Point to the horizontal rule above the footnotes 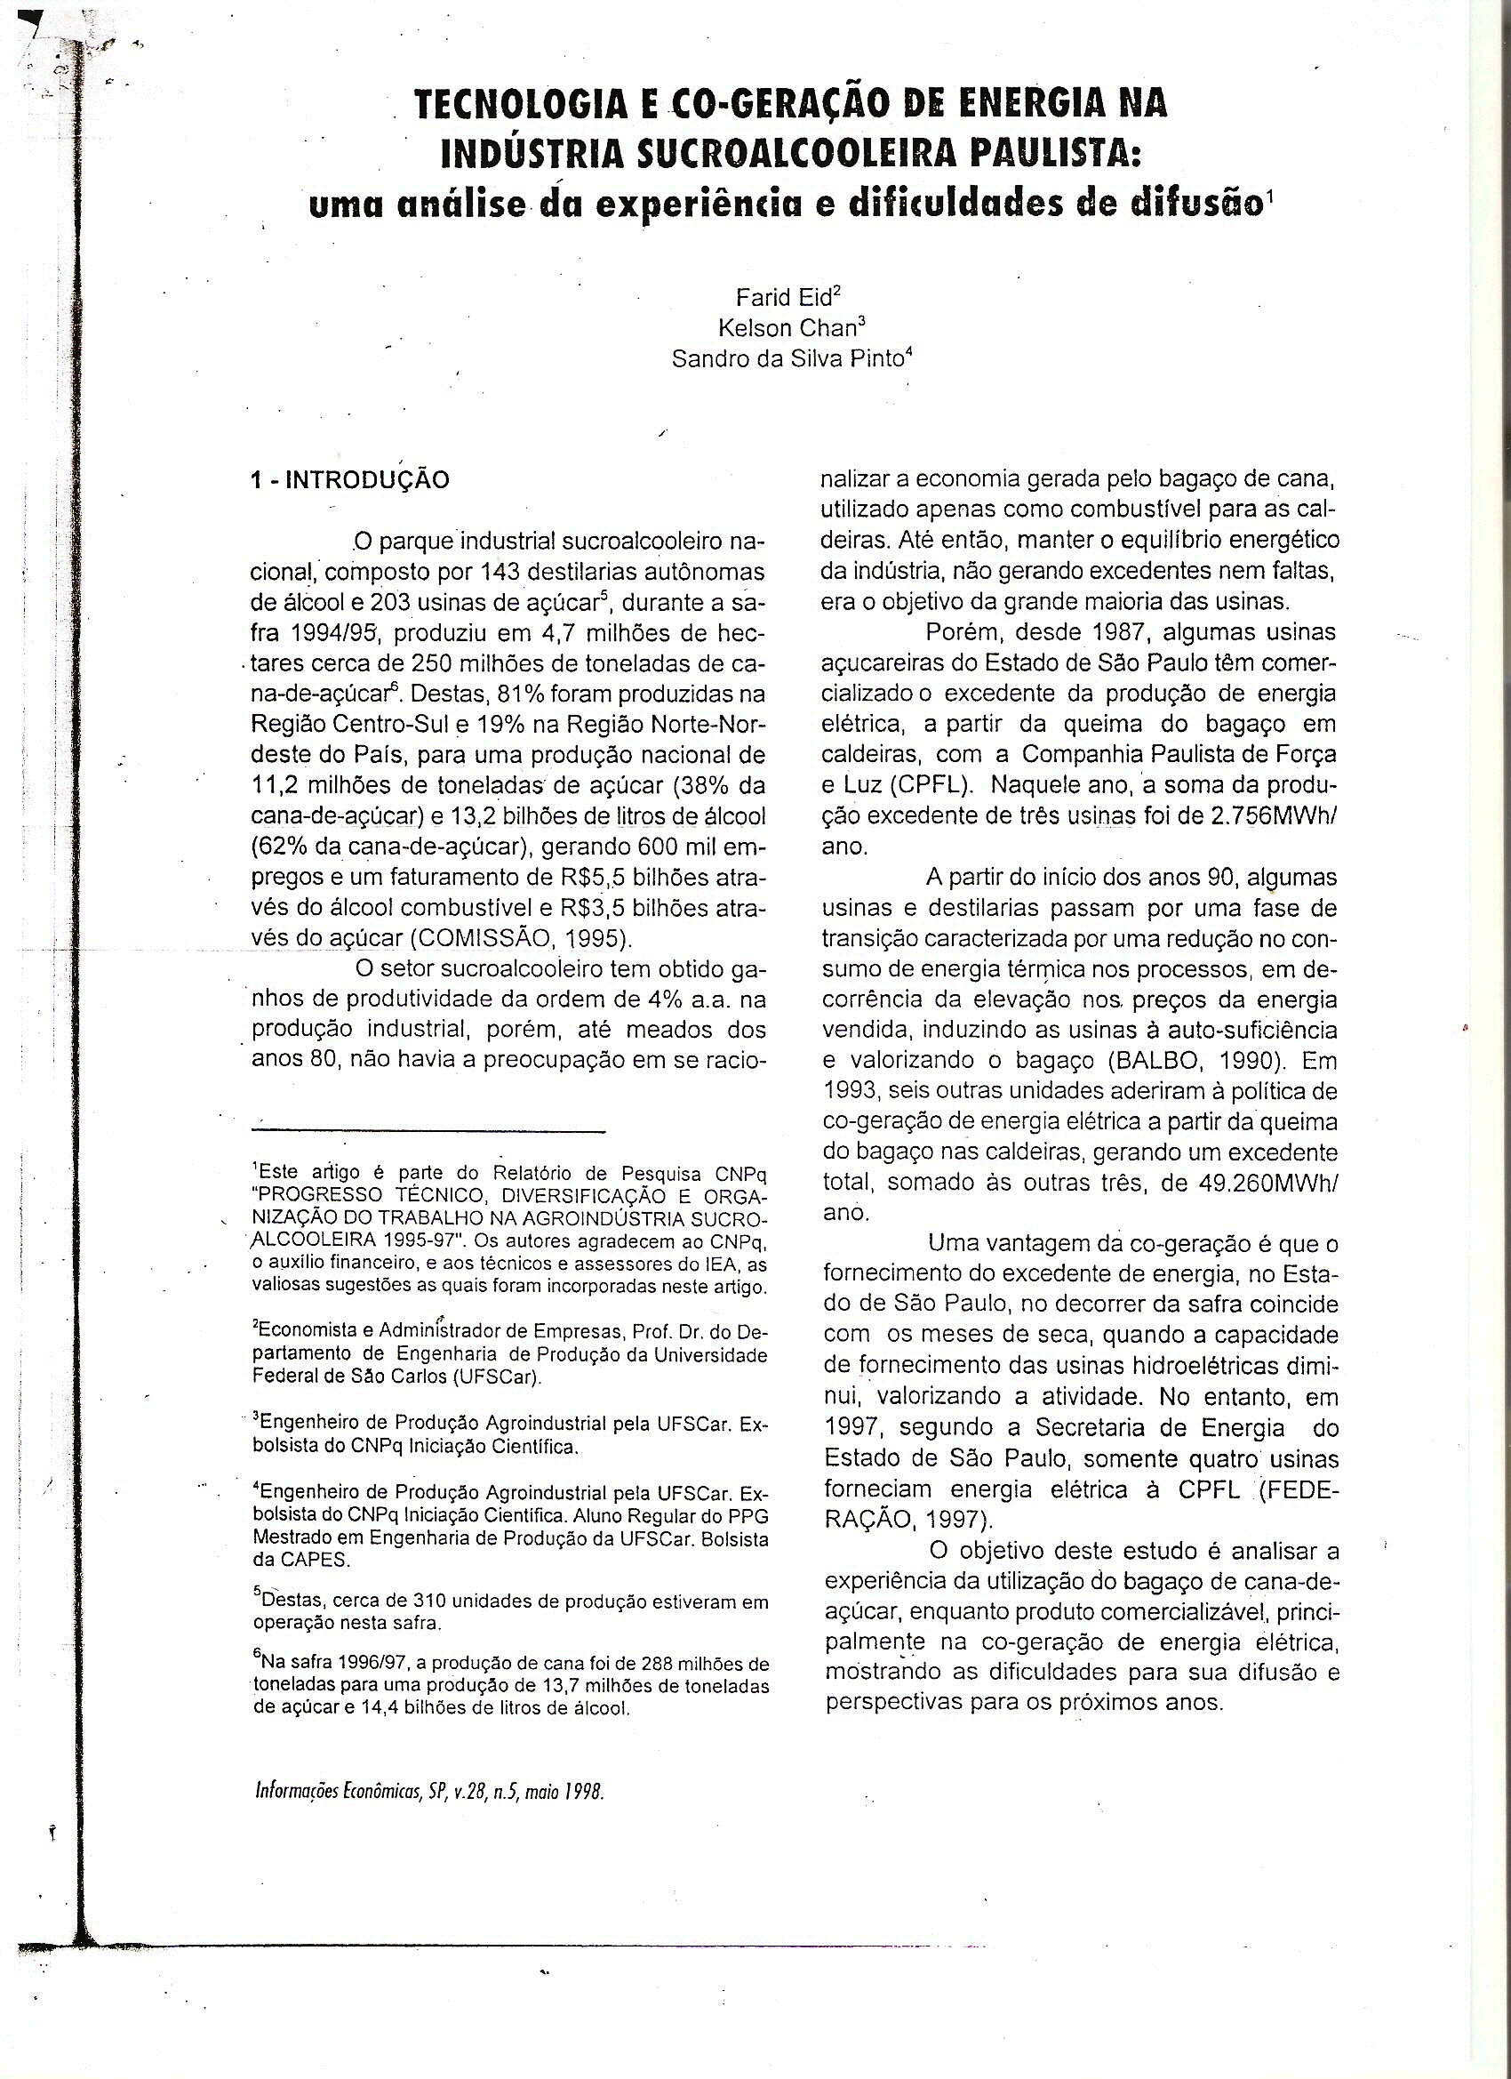click(x=428, y=1133)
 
